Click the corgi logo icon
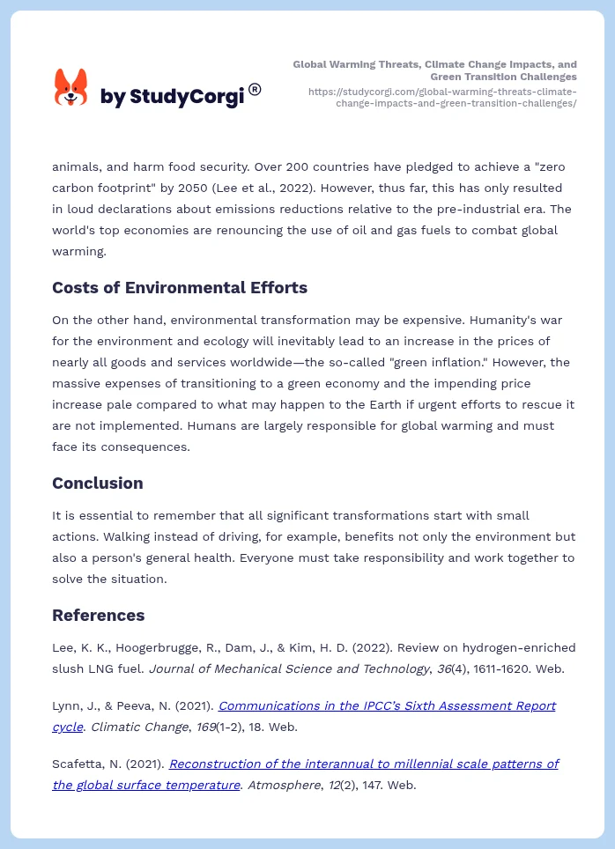[x=71, y=87]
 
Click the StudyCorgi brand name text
[x=172, y=97]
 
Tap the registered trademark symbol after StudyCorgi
[x=255, y=89]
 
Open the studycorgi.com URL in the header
[x=442, y=97]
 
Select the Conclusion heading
[x=97, y=483]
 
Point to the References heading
[x=98, y=615]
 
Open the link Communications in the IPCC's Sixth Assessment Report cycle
[x=387, y=705]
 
